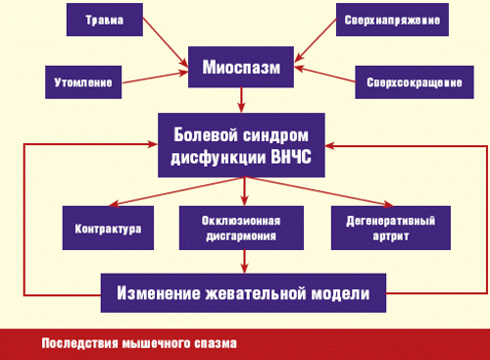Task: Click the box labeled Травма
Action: (107, 18)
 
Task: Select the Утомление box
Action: (86, 80)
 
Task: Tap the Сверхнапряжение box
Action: (377, 18)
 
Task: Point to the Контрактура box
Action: (108, 228)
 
